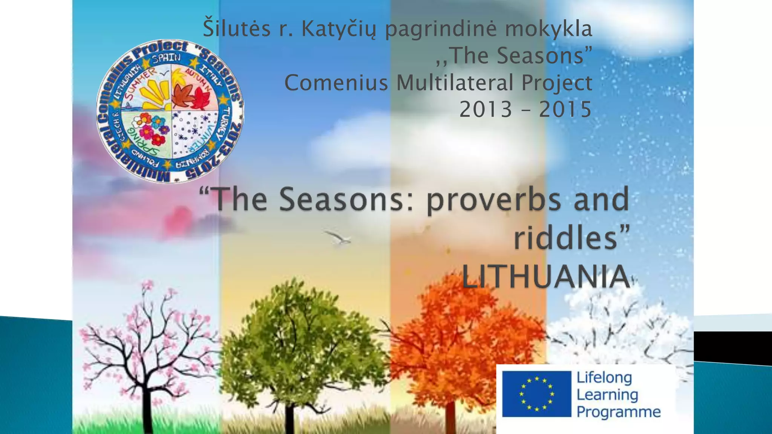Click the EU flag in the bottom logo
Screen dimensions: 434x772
tap(536, 394)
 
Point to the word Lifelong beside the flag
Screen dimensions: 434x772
tap(604, 377)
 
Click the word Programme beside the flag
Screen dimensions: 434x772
tap(619, 412)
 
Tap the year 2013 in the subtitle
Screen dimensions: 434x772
tap(486, 110)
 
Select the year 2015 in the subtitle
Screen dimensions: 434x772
tap(565, 110)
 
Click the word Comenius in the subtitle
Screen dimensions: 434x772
tap(336, 83)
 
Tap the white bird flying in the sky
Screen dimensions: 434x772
tap(338, 238)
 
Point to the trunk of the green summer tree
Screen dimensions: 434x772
tap(289, 418)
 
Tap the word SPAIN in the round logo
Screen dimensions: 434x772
tap(166, 58)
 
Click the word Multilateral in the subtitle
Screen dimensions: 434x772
tap(455, 83)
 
